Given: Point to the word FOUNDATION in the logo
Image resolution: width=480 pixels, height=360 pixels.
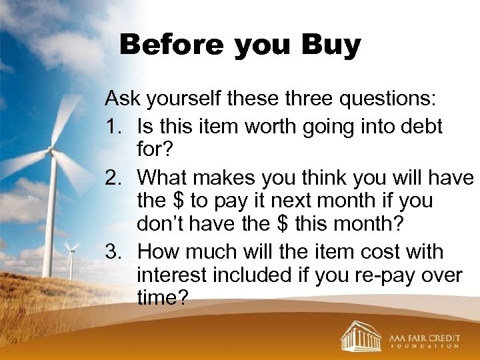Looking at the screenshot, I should point(424,347).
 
